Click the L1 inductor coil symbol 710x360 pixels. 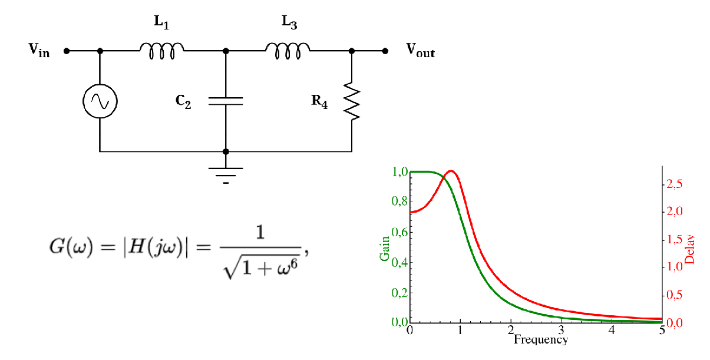[161, 51]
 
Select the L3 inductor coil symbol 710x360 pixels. [288, 51]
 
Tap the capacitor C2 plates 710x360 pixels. [226, 101]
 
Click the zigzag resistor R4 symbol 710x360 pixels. [352, 101]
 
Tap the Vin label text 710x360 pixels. [39, 51]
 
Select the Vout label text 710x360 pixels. [421, 51]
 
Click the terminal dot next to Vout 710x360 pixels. [385, 51]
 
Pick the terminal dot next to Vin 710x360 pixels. [67, 51]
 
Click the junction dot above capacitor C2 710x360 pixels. [226, 51]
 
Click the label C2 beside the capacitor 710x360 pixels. [183, 102]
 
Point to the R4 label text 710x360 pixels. [319, 102]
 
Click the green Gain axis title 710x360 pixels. [385, 249]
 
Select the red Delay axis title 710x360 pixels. [689, 249]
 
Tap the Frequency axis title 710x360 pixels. [541, 339]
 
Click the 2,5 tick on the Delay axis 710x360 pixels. [675, 184]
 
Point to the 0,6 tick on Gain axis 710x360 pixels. [399, 232]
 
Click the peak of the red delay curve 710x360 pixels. [451, 171]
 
